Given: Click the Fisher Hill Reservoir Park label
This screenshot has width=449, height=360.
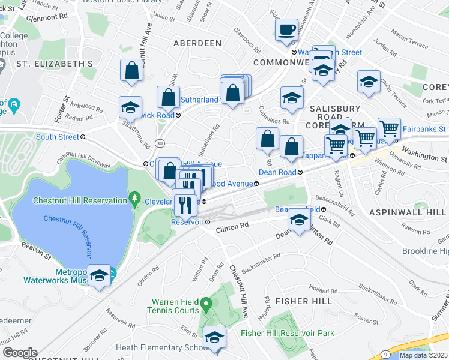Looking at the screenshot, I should (x=287, y=333).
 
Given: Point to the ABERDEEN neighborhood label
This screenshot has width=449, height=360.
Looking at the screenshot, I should (x=197, y=44).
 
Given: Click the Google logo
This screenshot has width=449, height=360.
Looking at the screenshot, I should (x=20, y=353).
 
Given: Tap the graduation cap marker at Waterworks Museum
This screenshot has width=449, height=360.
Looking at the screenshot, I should (x=100, y=275).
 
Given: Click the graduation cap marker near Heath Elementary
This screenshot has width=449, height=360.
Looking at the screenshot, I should (x=214, y=337).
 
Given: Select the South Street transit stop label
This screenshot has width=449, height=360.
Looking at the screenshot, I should (x=57, y=137).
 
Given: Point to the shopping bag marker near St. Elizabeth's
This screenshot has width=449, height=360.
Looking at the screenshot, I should (x=131, y=70).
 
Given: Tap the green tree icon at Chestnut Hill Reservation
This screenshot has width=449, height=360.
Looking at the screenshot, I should (x=136, y=200).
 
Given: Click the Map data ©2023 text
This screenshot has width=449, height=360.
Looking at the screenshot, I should (x=423, y=355).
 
